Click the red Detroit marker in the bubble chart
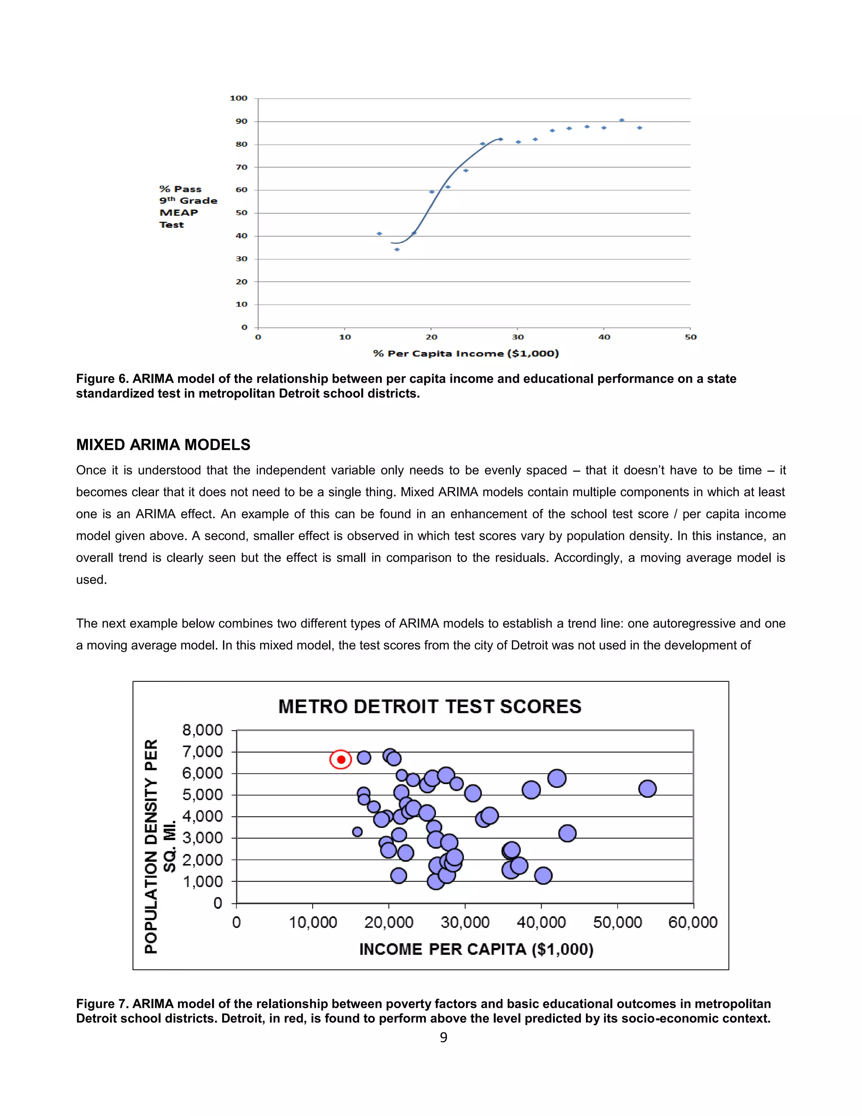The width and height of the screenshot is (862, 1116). click(341, 759)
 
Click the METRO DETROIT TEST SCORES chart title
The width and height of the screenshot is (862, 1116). click(429, 706)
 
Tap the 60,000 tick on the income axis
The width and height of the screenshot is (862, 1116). click(692, 922)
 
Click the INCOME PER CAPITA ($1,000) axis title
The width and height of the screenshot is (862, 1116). click(476, 949)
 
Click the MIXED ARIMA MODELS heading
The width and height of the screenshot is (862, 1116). click(163, 445)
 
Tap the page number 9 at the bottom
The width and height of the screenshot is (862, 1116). click(443, 1037)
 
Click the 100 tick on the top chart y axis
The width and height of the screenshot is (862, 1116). click(239, 98)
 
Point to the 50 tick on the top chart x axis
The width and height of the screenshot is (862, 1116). click(690, 337)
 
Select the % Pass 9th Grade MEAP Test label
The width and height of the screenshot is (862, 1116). click(187, 206)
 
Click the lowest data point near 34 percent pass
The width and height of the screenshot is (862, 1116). click(397, 249)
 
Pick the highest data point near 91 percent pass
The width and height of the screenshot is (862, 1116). click(622, 120)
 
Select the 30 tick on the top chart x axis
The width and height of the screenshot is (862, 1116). click(518, 337)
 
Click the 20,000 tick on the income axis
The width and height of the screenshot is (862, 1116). click(388, 922)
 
